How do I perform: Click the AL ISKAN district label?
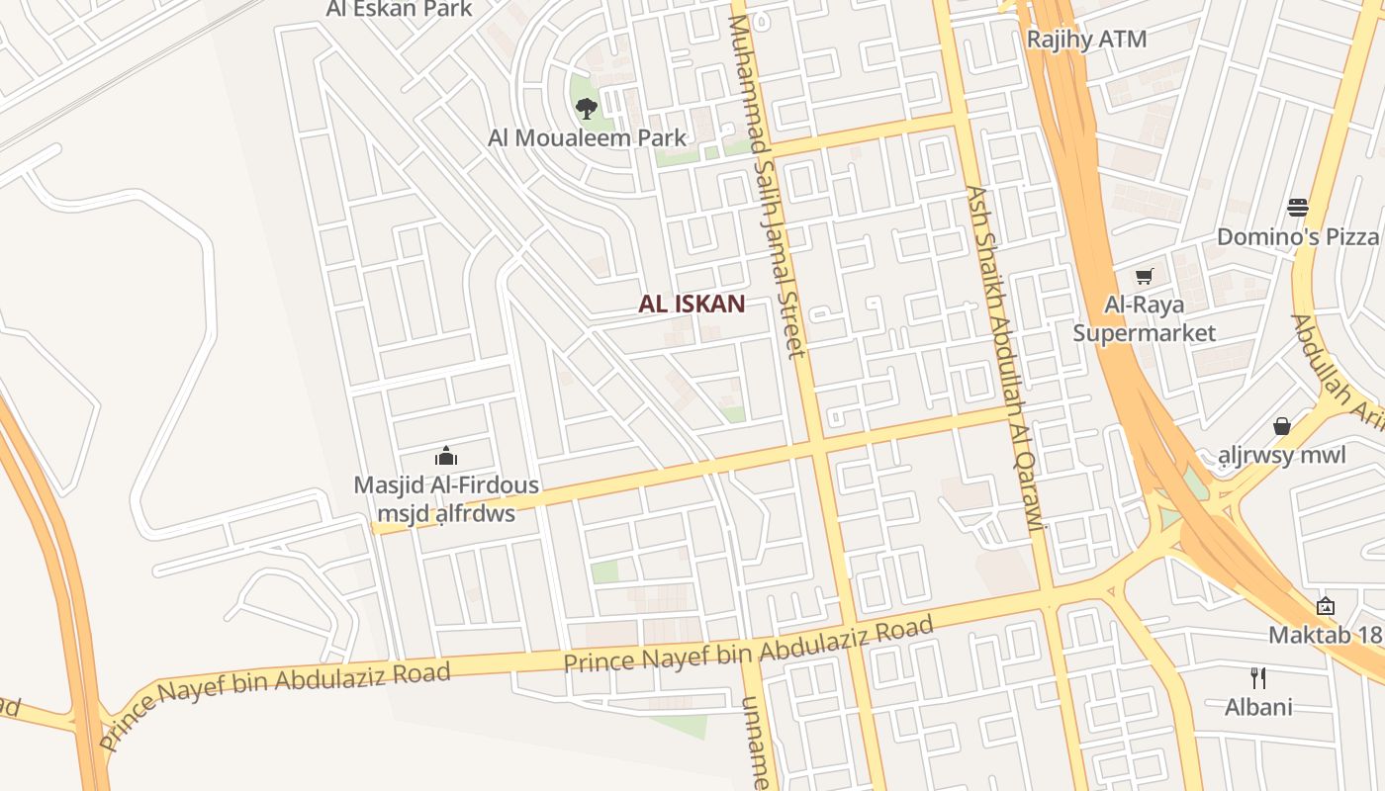pyautogui.click(x=692, y=305)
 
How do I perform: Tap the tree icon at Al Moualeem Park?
pyautogui.click(x=586, y=108)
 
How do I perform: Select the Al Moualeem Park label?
pyautogui.click(x=587, y=138)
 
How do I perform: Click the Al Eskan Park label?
pyautogui.click(x=400, y=10)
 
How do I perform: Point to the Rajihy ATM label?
pyautogui.click(x=1086, y=40)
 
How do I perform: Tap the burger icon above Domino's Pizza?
pyautogui.click(x=1297, y=208)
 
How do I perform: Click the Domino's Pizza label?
pyautogui.click(x=1297, y=237)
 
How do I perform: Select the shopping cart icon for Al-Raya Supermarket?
pyautogui.click(x=1145, y=276)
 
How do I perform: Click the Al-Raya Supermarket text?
pyautogui.click(x=1145, y=318)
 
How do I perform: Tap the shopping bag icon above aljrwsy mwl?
pyautogui.click(x=1282, y=426)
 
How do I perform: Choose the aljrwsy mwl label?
pyautogui.click(x=1282, y=456)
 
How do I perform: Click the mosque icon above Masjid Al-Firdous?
pyautogui.click(x=446, y=456)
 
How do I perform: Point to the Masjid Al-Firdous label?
pyautogui.click(x=446, y=485)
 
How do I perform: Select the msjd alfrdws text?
pyautogui.click(x=446, y=514)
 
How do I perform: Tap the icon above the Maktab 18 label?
pyautogui.click(x=1326, y=605)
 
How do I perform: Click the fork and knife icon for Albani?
pyautogui.click(x=1258, y=678)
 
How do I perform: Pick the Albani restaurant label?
pyautogui.click(x=1258, y=707)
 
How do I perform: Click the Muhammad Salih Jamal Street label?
pyautogui.click(x=766, y=188)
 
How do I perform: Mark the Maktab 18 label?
pyautogui.click(x=1326, y=635)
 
